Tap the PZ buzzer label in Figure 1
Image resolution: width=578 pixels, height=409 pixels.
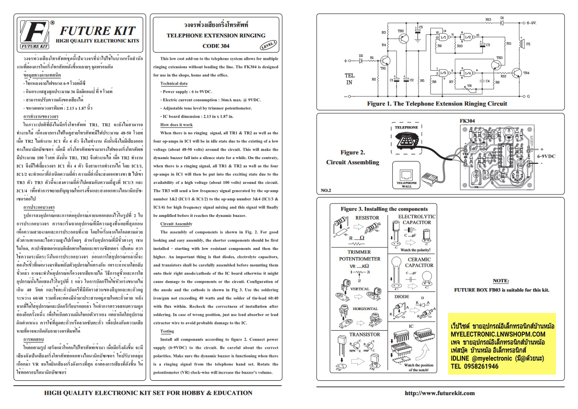[x=528, y=44]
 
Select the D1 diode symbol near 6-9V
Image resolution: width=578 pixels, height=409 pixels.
[x=502, y=22]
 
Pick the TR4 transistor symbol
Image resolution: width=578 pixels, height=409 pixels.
[x=519, y=73]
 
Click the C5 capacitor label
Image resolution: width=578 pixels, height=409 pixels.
[x=421, y=27]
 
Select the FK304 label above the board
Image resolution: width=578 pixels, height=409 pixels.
[x=467, y=121]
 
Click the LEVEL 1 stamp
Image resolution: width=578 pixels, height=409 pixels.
[x=268, y=45]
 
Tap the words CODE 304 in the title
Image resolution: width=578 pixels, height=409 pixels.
[x=215, y=46]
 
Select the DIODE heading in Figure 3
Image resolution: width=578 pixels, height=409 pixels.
[x=401, y=297]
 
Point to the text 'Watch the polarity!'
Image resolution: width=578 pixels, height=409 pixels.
[x=415, y=250]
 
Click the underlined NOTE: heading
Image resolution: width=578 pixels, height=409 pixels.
[x=501, y=280]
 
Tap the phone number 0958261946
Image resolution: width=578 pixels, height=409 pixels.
[x=474, y=366]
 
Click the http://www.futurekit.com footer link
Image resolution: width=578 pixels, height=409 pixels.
[x=439, y=393]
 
